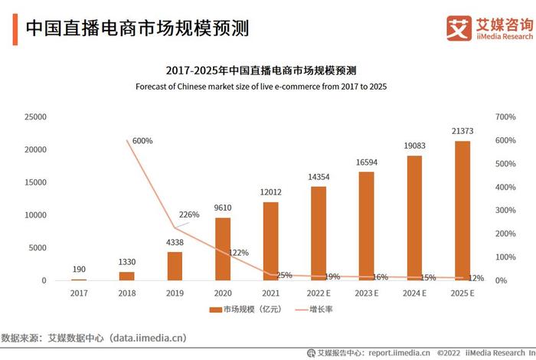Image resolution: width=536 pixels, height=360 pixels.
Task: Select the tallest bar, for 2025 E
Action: [462, 211]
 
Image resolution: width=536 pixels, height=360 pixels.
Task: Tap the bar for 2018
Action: [127, 276]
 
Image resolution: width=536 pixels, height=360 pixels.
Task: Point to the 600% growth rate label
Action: [142, 141]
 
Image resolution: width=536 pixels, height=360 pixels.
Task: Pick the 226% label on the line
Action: [188, 214]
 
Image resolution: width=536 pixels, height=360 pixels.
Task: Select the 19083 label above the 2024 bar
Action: [414, 146]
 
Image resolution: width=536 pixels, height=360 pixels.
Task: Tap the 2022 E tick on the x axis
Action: [318, 292]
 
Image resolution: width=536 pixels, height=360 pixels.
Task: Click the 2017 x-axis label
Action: [79, 292]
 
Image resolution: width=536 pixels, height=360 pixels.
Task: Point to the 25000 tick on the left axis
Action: [36, 117]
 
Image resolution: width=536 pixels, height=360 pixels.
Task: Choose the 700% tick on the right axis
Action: [507, 117]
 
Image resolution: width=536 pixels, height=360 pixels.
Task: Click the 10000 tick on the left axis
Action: [36, 215]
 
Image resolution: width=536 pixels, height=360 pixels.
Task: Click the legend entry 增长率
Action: [319, 309]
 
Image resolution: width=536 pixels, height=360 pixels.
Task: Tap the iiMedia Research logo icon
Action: [459, 28]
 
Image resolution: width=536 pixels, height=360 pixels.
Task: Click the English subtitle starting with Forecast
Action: [261, 87]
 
